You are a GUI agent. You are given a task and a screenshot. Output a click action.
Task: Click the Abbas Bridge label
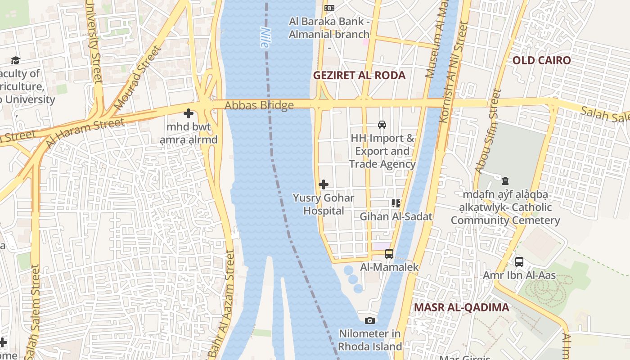(x=259, y=105)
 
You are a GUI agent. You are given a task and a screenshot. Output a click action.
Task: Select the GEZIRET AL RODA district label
(x=359, y=75)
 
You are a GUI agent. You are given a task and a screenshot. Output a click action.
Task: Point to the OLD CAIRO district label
(x=541, y=60)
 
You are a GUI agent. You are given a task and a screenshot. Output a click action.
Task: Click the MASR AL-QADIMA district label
(x=461, y=307)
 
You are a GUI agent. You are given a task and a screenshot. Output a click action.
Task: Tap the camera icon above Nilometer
(x=370, y=320)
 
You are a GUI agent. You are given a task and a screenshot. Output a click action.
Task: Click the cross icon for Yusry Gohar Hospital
(x=323, y=184)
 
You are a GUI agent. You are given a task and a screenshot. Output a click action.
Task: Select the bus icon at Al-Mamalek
(x=389, y=254)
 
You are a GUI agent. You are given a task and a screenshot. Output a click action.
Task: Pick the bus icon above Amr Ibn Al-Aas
(x=519, y=262)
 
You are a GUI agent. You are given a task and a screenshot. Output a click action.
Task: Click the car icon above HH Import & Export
(x=382, y=125)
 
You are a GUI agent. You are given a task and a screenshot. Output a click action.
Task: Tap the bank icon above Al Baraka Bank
(x=329, y=8)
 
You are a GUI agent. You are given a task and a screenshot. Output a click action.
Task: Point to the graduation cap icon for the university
(x=16, y=60)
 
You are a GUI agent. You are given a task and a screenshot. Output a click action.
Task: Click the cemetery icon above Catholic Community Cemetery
(x=505, y=181)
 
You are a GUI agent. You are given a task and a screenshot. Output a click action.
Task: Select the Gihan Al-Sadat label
(x=396, y=216)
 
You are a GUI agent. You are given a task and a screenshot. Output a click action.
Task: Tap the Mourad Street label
(x=137, y=77)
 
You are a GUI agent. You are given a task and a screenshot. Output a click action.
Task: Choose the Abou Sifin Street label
(x=488, y=131)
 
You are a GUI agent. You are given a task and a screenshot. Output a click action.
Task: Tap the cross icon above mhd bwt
(x=189, y=113)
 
